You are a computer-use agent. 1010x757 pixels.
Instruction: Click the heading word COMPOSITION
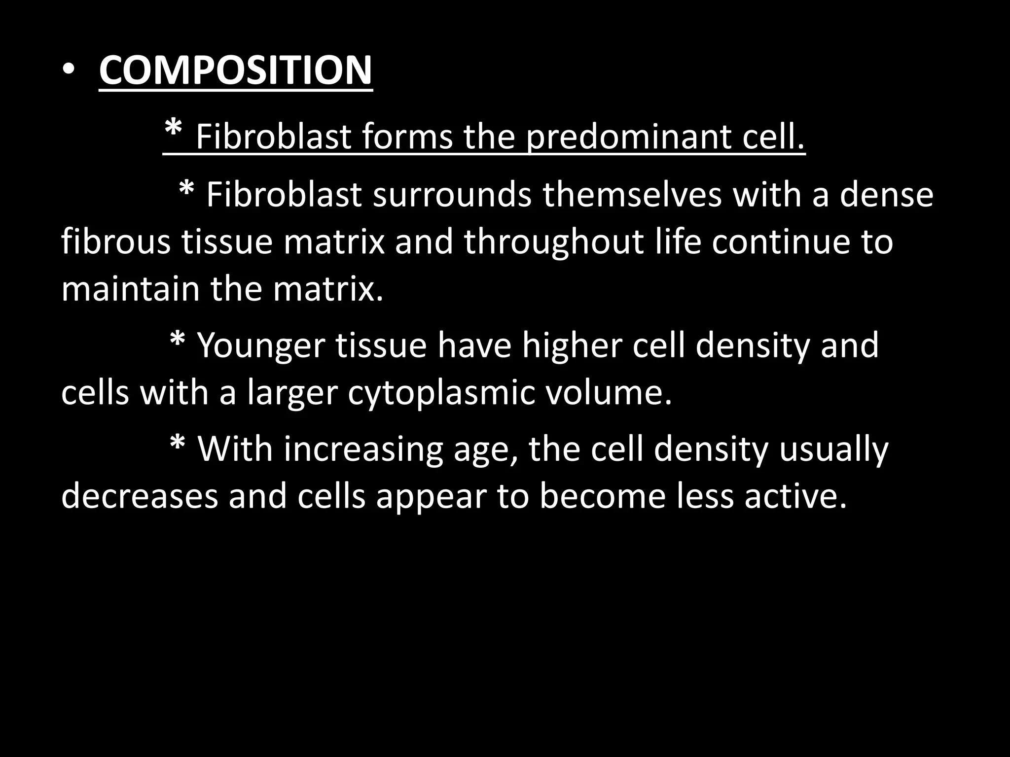(x=235, y=70)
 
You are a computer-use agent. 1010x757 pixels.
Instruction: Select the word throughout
(x=553, y=242)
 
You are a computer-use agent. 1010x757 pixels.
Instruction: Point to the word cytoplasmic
(x=441, y=393)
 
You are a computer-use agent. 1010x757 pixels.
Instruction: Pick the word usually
(x=833, y=449)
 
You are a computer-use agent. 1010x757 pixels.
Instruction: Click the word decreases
(x=140, y=496)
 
